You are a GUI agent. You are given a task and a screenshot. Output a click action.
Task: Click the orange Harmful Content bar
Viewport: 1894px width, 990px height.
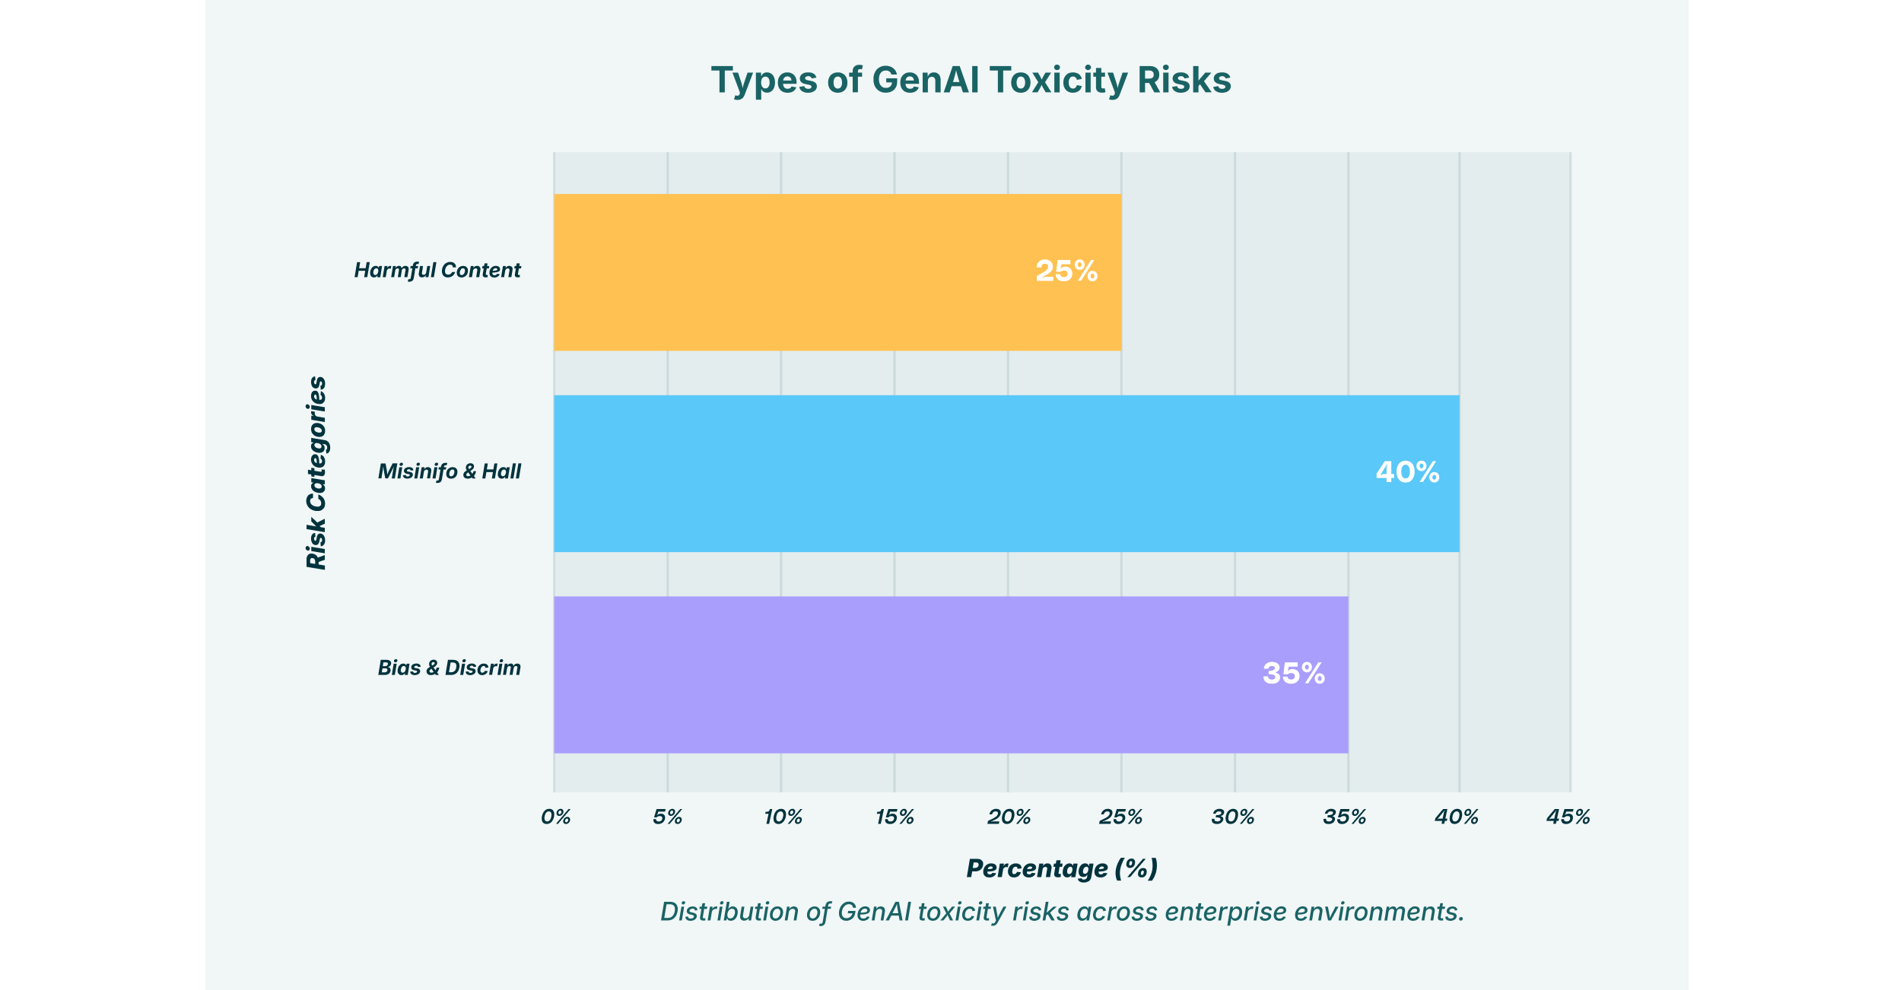tap(837, 272)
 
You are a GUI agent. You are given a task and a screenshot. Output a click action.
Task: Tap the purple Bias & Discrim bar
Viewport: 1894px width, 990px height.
tap(951, 674)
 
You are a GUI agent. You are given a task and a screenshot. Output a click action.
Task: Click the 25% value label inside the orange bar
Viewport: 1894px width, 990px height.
tap(1066, 271)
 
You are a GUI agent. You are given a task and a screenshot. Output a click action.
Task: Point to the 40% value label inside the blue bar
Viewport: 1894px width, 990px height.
tap(1407, 472)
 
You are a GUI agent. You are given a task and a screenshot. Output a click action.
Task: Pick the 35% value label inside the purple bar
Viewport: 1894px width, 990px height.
tap(1294, 674)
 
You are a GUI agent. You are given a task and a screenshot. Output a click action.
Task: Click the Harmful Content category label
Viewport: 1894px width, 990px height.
tap(437, 271)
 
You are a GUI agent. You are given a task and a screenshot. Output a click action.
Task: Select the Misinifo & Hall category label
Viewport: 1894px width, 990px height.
tap(450, 472)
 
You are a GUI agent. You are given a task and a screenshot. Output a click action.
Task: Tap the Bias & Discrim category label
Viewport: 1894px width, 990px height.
tap(450, 668)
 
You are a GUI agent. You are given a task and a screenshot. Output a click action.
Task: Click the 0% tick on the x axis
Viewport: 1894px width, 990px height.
tap(556, 817)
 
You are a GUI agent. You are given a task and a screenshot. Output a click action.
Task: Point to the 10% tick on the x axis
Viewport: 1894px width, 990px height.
tap(783, 817)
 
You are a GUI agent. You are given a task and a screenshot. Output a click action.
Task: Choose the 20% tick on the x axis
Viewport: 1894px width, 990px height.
tap(1009, 817)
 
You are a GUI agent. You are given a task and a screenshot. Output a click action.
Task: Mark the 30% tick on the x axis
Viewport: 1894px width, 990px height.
tap(1233, 817)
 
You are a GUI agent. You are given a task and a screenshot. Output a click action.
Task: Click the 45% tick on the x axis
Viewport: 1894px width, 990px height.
tap(1568, 817)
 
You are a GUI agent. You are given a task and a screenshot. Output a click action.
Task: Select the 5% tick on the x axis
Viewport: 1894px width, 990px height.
tap(668, 817)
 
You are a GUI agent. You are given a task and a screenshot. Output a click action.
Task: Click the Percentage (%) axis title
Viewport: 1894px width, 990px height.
tap(1062, 868)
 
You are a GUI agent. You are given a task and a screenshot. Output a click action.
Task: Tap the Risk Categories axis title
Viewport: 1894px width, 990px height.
tap(316, 473)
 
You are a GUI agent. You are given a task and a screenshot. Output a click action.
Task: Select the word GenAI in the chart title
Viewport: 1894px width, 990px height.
tap(925, 81)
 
